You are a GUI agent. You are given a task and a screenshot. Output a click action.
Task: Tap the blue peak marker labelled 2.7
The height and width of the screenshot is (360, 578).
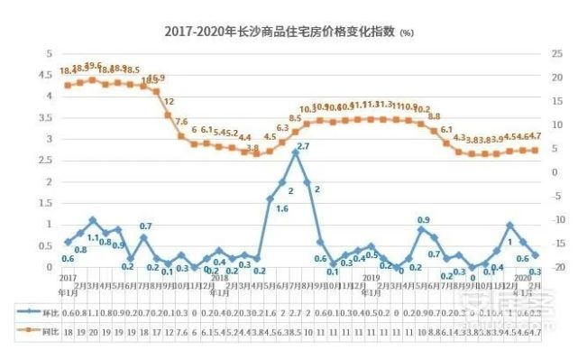295,152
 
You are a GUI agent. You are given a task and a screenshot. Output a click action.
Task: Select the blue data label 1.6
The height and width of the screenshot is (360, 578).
282,209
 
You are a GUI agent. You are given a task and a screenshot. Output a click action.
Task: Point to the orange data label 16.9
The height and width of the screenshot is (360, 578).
155,78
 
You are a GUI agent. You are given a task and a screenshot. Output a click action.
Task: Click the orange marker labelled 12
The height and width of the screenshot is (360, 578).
168,115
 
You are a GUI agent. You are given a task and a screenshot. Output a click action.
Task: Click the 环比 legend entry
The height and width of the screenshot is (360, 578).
39,310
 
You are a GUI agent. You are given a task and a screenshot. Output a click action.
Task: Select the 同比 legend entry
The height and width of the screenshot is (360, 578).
39,332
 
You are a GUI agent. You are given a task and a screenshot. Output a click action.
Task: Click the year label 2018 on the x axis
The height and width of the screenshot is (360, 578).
218,281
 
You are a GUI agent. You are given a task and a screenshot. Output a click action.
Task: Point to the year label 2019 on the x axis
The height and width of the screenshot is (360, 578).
371,281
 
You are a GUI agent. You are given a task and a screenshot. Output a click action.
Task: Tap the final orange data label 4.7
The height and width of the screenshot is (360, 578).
533,136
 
